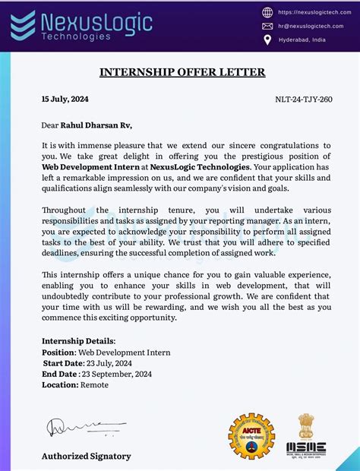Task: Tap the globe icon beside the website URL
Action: (x=267, y=12)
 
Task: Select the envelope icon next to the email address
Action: (x=267, y=25)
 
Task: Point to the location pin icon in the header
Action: (x=267, y=39)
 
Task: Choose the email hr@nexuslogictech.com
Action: (x=312, y=25)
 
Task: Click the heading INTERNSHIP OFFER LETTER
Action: (x=182, y=72)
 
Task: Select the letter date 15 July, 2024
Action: (x=65, y=99)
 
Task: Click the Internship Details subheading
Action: (x=79, y=341)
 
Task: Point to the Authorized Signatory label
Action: (x=86, y=456)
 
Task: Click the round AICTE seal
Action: (x=251, y=435)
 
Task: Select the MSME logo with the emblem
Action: (x=306, y=435)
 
